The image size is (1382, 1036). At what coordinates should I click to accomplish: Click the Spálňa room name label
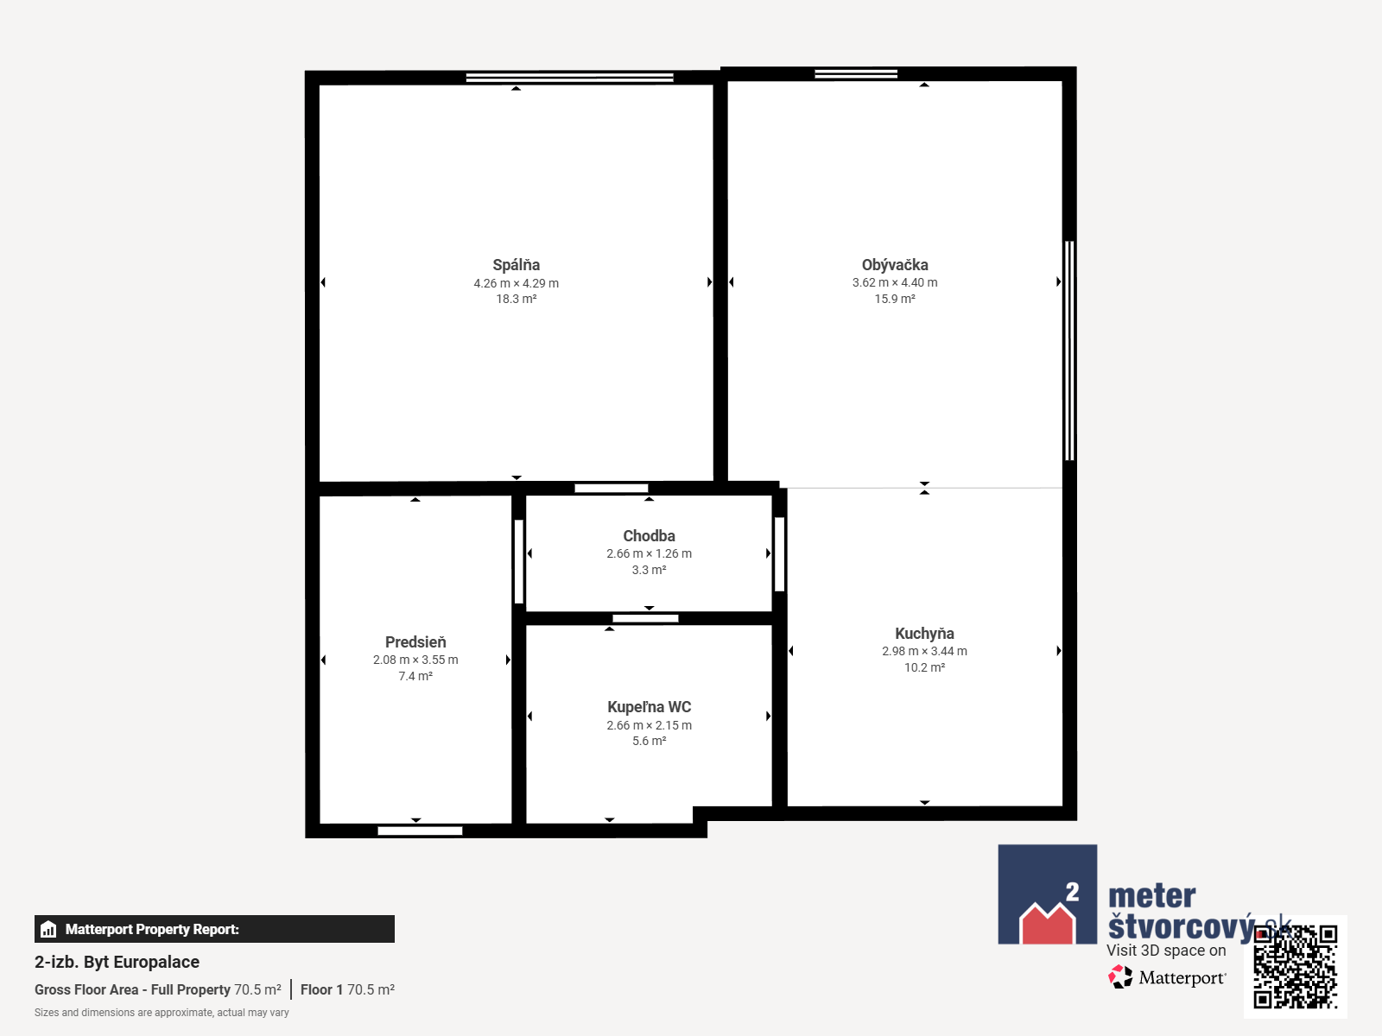tap(516, 265)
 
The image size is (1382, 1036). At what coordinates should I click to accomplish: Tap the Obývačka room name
tap(895, 265)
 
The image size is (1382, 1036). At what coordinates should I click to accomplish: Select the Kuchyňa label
tap(924, 634)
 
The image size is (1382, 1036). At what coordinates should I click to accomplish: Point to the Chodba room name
tap(650, 536)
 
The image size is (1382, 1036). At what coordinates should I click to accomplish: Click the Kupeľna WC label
tap(650, 707)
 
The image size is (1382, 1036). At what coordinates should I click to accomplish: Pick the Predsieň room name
tap(415, 642)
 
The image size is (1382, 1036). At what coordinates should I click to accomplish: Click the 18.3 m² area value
tap(517, 299)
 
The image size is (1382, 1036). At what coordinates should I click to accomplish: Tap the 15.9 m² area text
tap(895, 299)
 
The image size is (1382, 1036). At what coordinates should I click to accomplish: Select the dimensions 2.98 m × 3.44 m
tap(924, 651)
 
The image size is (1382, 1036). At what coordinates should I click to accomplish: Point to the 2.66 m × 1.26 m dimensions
tap(650, 553)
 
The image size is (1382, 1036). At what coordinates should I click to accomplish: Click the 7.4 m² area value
tap(415, 676)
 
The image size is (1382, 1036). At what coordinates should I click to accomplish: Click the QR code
tap(1295, 967)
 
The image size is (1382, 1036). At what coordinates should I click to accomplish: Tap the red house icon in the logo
tap(1048, 924)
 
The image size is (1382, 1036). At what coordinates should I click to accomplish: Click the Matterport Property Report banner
tap(215, 929)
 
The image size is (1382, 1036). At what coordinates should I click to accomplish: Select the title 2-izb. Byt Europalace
tap(117, 962)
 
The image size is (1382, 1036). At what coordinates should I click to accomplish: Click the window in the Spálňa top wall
tap(570, 78)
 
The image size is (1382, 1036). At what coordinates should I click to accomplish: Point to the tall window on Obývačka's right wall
tap(1069, 351)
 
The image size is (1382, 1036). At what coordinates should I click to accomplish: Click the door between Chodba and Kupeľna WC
tap(645, 618)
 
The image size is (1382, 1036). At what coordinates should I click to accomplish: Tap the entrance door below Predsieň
tap(420, 831)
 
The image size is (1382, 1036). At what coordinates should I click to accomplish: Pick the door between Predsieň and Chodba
tap(519, 562)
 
